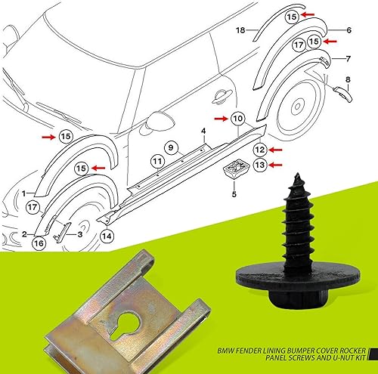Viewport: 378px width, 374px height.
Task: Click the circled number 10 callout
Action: [237, 119]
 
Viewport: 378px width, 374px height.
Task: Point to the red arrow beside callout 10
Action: [219, 119]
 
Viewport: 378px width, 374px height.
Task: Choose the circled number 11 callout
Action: [156, 161]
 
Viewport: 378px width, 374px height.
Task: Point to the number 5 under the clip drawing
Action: [233, 193]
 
